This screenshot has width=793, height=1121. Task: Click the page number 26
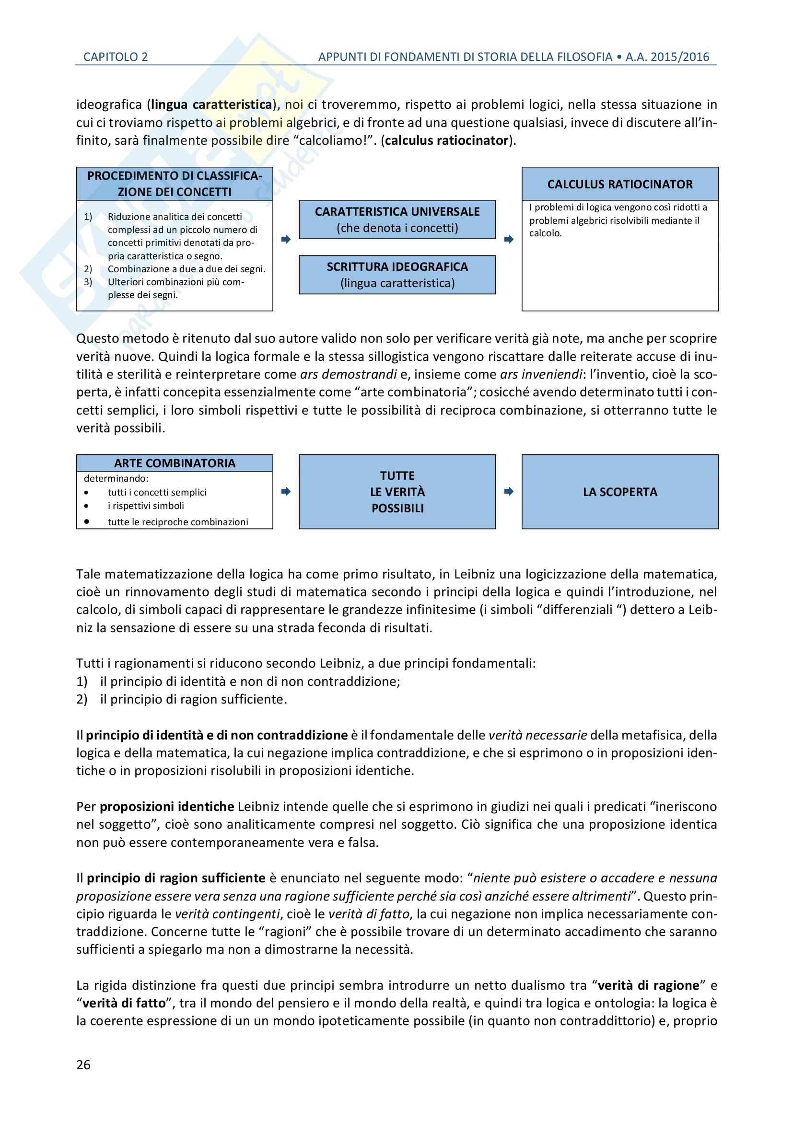[x=83, y=1064]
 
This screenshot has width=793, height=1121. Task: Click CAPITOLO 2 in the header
[x=115, y=57]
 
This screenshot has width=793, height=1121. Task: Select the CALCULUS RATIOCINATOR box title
[x=619, y=184]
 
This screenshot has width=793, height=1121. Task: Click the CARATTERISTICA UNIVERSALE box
[x=397, y=219]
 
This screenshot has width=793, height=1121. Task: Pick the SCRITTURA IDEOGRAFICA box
[x=397, y=275]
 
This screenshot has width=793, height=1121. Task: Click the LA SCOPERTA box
[x=619, y=492]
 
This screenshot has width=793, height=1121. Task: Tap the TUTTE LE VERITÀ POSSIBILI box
[x=397, y=492]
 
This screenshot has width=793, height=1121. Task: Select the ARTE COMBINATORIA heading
[x=175, y=463]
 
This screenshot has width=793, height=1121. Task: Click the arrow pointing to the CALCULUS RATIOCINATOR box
[x=509, y=239]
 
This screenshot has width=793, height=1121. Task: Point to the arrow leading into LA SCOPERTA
[x=509, y=491]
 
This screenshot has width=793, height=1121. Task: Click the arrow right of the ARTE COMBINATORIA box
[x=286, y=491]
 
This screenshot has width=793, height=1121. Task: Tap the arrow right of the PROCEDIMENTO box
[x=286, y=239]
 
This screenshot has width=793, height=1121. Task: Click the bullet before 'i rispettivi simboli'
[x=86, y=506]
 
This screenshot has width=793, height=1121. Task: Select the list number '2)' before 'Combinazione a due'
[x=88, y=269]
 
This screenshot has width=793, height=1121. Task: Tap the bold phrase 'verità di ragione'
[x=649, y=985]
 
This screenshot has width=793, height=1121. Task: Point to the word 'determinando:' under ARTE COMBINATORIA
[x=116, y=478]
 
